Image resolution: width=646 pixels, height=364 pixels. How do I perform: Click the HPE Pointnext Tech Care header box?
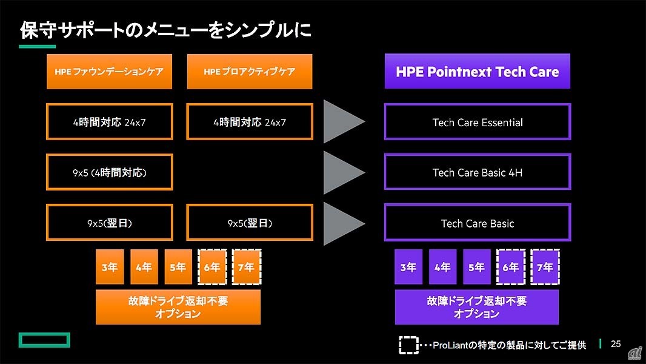[x=478, y=72]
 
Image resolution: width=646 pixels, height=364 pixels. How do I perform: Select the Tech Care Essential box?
[x=478, y=122]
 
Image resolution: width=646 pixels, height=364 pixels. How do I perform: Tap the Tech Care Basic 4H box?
[x=478, y=172]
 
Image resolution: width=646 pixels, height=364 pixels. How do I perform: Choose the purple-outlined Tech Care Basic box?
[x=478, y=223]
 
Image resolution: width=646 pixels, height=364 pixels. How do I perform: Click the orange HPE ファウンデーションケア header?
[x=109, y=72]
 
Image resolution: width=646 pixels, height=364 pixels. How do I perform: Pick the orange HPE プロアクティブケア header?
[x=250, y=72]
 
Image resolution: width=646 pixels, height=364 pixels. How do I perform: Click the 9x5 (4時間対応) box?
[x=110, y=172]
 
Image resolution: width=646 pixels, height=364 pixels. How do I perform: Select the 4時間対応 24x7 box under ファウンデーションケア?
[x=110, y=122]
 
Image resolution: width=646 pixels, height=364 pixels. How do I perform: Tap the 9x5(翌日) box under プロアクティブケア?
[x=250, y=223]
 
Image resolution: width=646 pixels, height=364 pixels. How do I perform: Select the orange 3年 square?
[x=110, y=267]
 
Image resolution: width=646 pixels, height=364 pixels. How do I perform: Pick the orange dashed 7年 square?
[x=247, y=267]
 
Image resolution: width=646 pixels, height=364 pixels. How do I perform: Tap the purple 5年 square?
[x=477, y=267]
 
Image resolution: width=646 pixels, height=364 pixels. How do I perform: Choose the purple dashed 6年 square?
[x=511, y=267]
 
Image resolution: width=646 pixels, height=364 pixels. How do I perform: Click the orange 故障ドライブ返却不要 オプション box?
[x=178, y=307]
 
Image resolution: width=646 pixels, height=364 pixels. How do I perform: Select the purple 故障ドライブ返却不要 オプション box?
[x=477, y=307]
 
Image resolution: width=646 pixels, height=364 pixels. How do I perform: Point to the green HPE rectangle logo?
[x=44, y=340]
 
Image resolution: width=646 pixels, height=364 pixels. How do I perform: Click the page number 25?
[x=616, y=344]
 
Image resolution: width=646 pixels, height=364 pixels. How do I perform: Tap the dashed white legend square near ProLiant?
[x=408, y=345]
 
